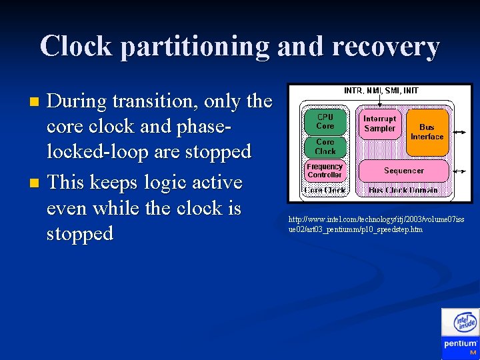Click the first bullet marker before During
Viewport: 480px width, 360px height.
[x=36, y=102]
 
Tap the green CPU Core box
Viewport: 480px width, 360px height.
[x=325, y=121]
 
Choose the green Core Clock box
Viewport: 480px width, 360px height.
[x=325, y=147]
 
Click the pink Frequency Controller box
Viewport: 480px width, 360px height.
[x=325, y=171]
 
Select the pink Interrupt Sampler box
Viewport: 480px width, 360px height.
[x=379, y=124]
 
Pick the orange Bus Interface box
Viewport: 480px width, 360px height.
[x=427, y=131]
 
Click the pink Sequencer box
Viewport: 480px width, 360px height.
[x=403, y=171]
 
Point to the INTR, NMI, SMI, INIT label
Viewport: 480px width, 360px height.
[x=381, y=90]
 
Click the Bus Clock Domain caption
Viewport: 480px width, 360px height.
[x=403, y=191]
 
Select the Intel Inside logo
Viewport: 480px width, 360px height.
[x=465, y=323]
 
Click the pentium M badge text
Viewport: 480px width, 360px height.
[x=461, y=345]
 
